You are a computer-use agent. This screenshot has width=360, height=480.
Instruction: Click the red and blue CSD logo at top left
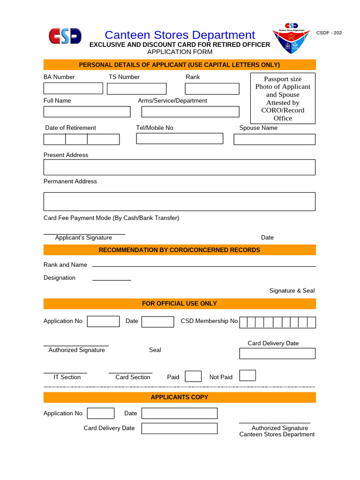(65, 36)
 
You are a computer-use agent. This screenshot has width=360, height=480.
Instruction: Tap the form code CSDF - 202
(329, 33)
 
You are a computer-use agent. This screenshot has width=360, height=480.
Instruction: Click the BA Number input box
(73, 88)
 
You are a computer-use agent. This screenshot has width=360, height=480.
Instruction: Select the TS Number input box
(136, 89)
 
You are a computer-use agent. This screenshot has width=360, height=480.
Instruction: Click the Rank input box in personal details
(212, 89)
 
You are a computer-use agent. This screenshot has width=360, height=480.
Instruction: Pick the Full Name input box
(87, 112)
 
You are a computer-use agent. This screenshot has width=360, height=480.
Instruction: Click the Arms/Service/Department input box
(190, 112)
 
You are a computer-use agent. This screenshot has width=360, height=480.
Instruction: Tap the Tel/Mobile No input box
(180, 138)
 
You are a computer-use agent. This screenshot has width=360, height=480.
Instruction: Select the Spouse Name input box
(274, 139)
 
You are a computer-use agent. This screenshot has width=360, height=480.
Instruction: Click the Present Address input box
(179, 167)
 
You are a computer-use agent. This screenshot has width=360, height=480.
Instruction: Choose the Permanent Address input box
(179, 201)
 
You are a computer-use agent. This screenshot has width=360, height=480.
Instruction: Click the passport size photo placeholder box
(283, 98)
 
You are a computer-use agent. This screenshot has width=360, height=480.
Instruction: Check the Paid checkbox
(193, 376)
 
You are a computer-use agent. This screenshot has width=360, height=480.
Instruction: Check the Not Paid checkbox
(247, 375)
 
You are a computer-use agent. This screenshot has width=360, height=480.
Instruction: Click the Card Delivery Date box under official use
(277, 353)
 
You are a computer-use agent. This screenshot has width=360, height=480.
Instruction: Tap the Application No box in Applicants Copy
(101, 413)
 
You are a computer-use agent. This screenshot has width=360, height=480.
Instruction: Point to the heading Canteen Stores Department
(180, 35)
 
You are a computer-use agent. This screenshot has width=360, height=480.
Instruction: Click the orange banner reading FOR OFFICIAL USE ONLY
(180, 304)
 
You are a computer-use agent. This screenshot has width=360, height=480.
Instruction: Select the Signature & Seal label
(292, 291)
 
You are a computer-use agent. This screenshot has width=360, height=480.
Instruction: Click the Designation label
(60, 278)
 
